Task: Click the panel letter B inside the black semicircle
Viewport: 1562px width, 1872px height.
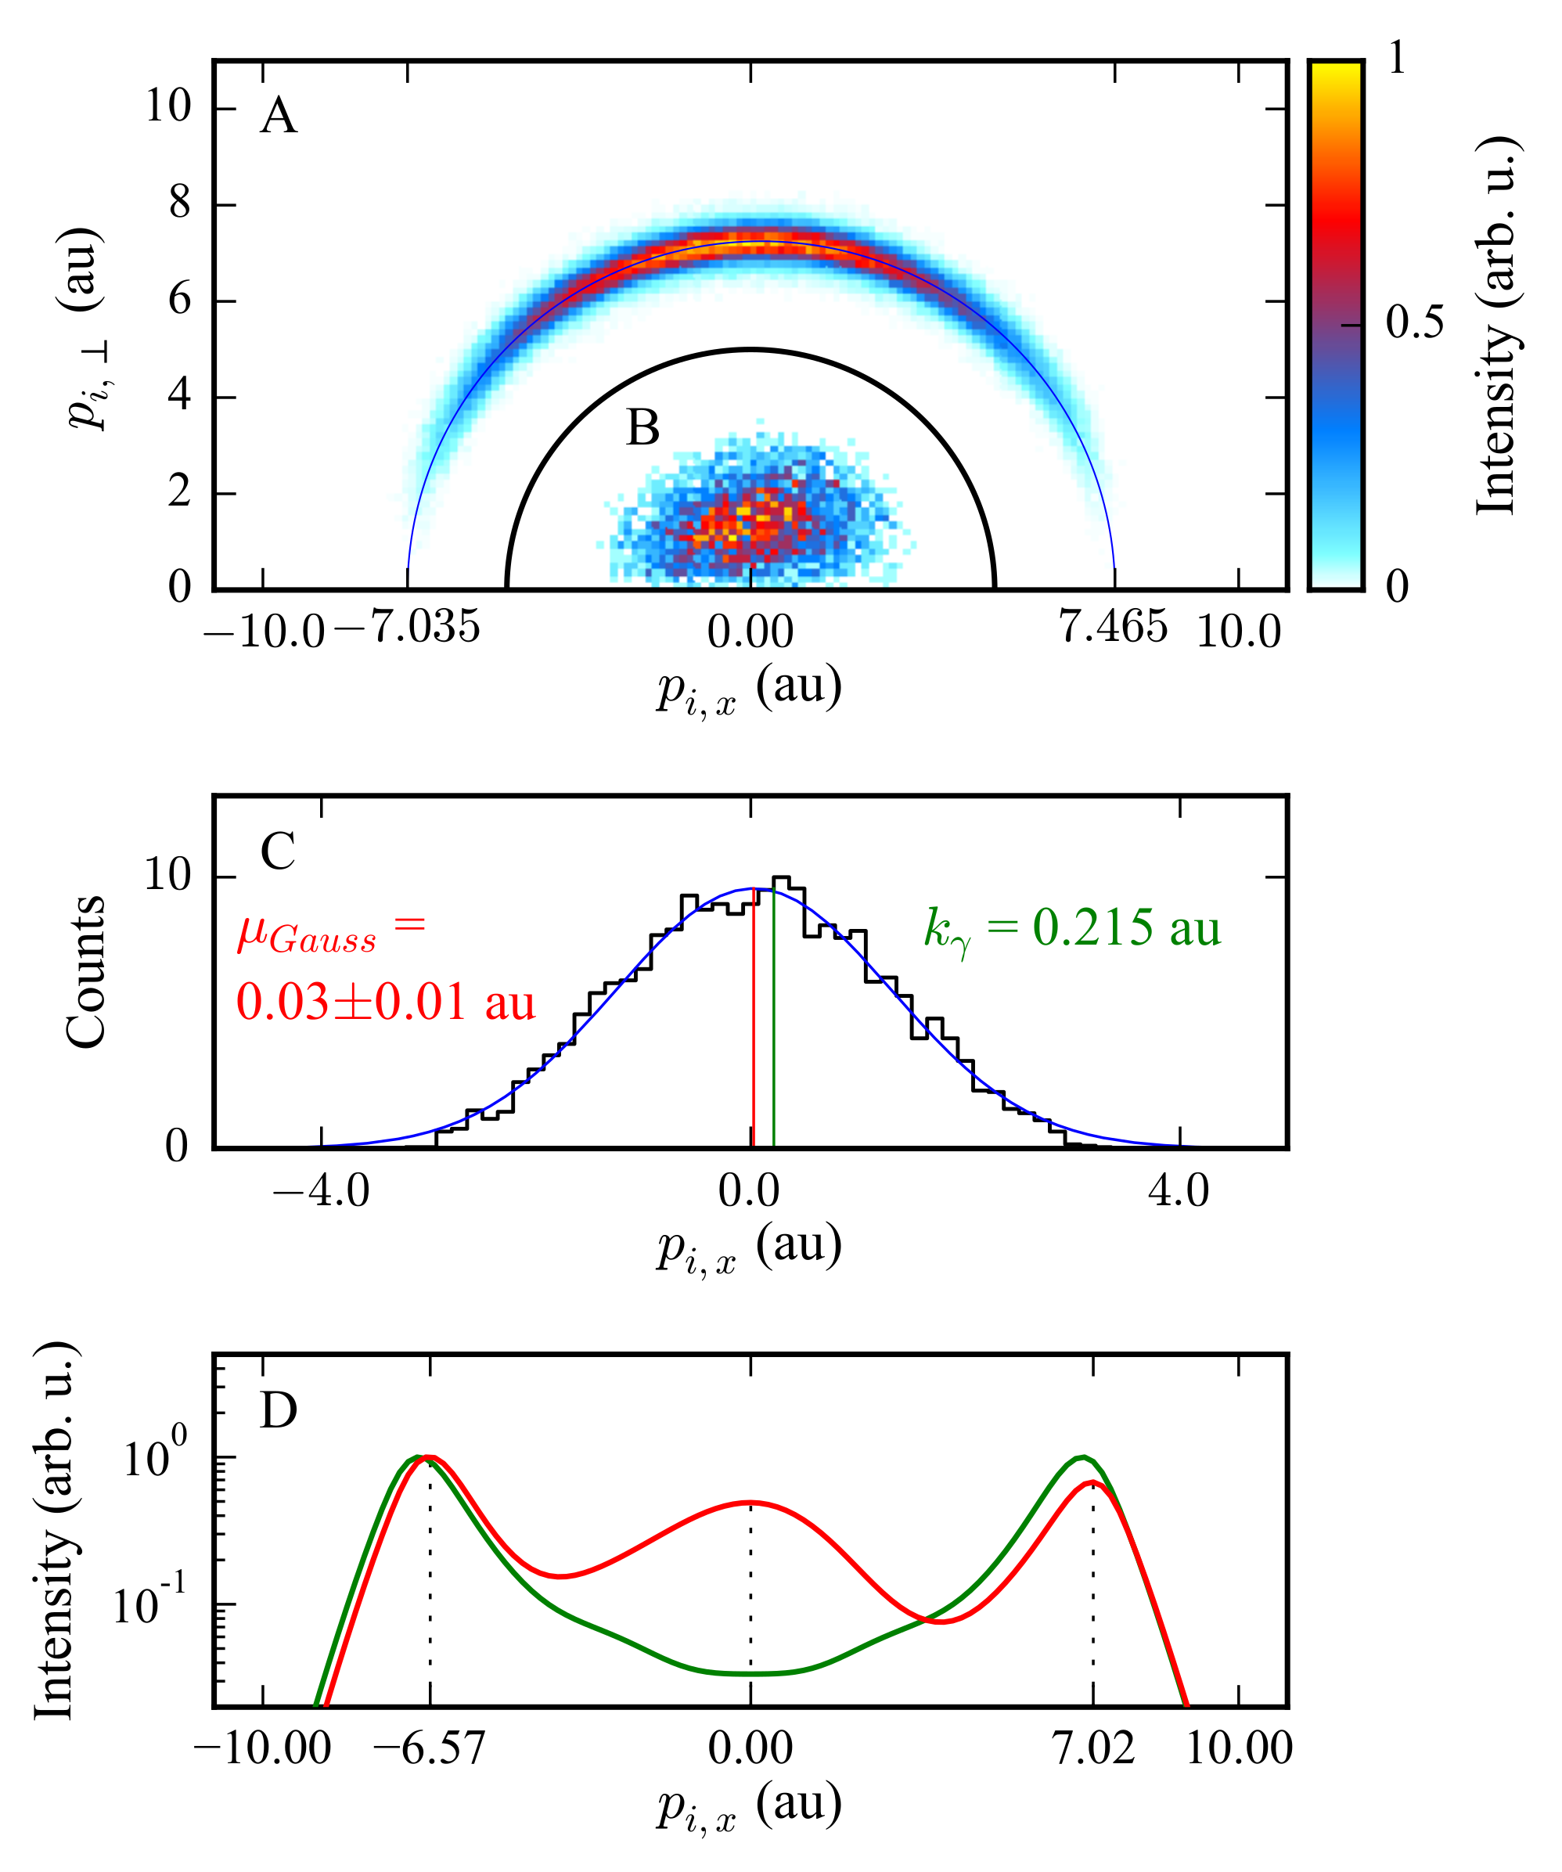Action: (642, 428)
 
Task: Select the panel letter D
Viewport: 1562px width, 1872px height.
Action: (278, 1410)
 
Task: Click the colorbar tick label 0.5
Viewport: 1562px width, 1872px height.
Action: (1414, 322)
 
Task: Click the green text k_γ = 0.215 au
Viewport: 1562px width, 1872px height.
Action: (1071, 929)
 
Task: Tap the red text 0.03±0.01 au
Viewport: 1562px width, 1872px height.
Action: (385, 1002)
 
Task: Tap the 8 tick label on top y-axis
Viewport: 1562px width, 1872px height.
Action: (179, 203)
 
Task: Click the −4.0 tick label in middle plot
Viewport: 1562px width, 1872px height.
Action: (321, 1191)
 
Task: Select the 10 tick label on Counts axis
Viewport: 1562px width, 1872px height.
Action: (167, 877)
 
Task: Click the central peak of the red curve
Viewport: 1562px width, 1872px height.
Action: (750, 1503)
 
